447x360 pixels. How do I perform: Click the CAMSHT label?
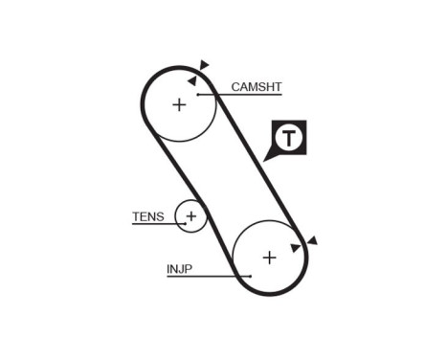point(257,86)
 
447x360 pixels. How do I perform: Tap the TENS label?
point(148,216)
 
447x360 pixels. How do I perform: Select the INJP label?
point(179,269)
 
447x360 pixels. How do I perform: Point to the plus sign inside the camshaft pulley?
point(179,103)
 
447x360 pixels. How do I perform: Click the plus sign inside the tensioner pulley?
point(191,216)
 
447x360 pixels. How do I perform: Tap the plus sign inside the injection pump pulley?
point(270,257)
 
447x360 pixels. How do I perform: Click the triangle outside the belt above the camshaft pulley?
point(204,65)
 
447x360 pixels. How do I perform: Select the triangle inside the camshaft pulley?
point(192,81)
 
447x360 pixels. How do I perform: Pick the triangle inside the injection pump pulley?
point(296,248)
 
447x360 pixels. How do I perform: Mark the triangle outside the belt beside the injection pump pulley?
point(311,240)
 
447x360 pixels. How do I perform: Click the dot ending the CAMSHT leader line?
point(197,94)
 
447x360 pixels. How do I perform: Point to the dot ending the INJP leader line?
point(249,276)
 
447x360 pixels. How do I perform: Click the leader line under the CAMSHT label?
point(239,94)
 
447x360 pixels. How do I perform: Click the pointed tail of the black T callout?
point(268,157)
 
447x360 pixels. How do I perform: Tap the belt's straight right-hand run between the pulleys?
point(260,163)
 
